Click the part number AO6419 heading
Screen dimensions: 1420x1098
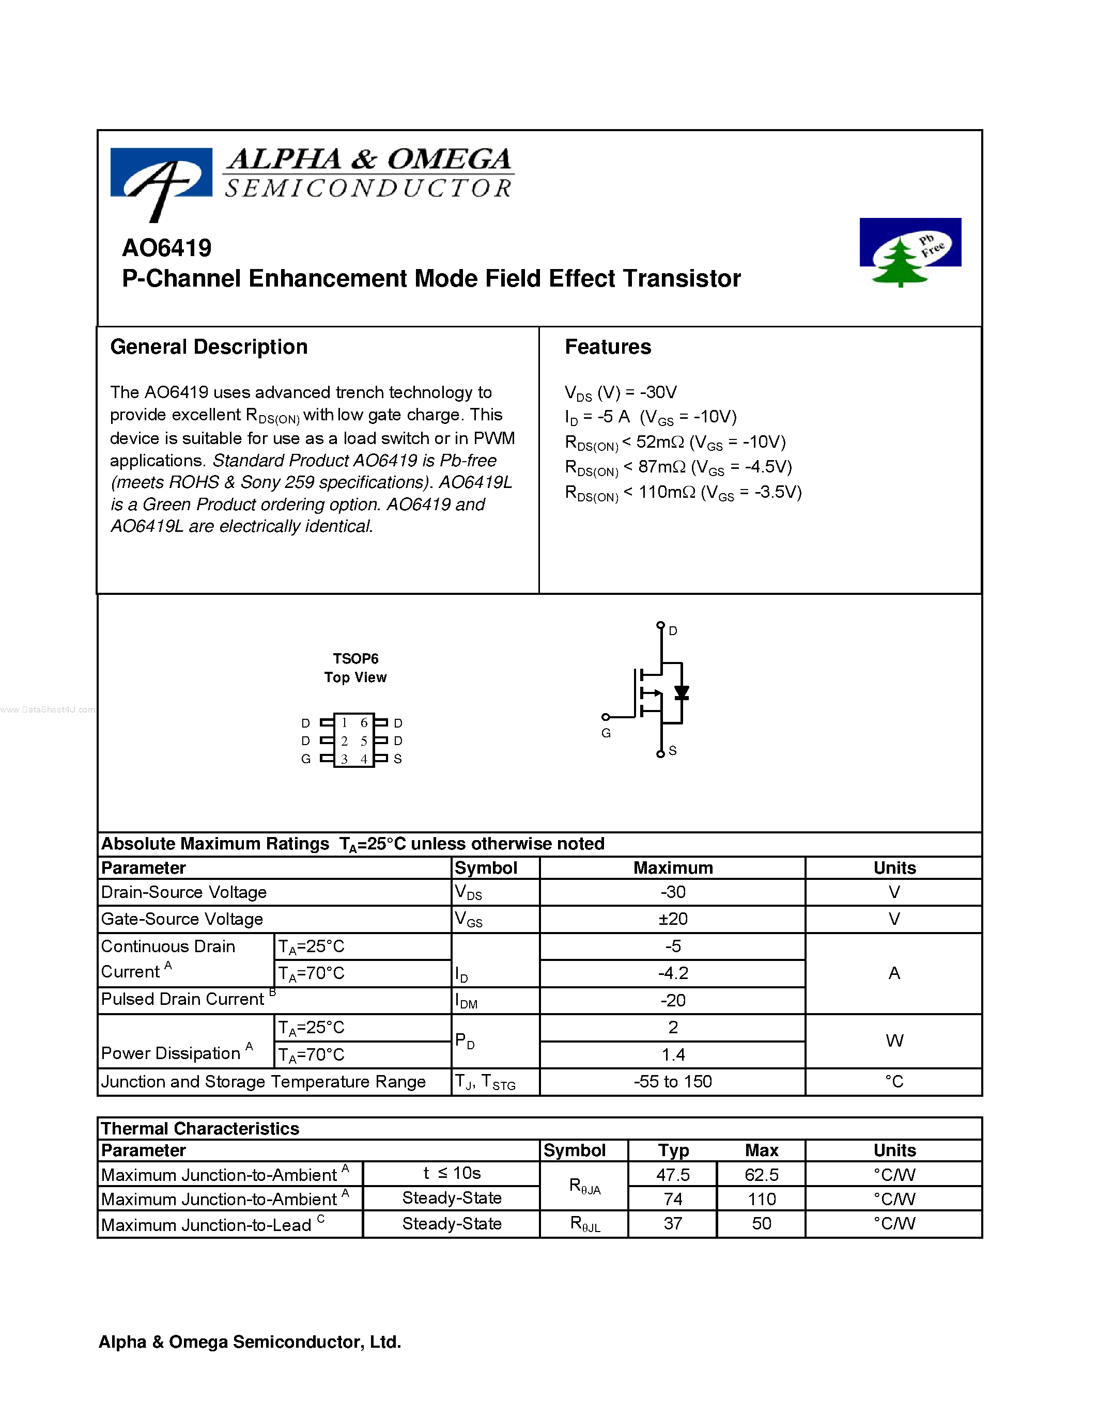[x=166, y=248]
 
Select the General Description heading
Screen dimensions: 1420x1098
[x=209, y=346]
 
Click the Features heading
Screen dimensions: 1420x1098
[x=608, y=346]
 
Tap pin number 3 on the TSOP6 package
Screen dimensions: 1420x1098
[x=344, y=759]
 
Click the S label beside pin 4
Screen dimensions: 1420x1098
[x=397, y=759]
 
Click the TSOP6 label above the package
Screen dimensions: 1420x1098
[x=355, y=659]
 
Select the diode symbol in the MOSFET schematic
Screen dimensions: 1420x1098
[x=681, y=693]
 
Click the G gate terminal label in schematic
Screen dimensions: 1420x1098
[x=606, y=733]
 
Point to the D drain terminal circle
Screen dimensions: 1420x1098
[x=660, y=625]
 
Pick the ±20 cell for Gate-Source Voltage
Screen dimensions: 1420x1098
[x=673, y=919]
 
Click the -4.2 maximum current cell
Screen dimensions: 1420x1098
[x=673, y=973]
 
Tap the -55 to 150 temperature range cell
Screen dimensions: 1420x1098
[x=673, y=1081]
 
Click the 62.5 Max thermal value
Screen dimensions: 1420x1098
[x=761, y=1174]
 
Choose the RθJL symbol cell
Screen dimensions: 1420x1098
[x=585, y=1224]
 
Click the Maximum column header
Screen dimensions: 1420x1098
[x=673, y=868]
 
